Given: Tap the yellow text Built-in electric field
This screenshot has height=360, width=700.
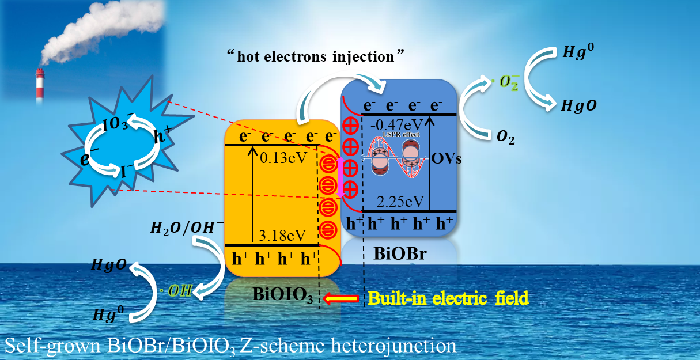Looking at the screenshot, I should point(448,298).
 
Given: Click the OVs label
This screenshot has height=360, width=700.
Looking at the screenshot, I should point(446,158).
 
